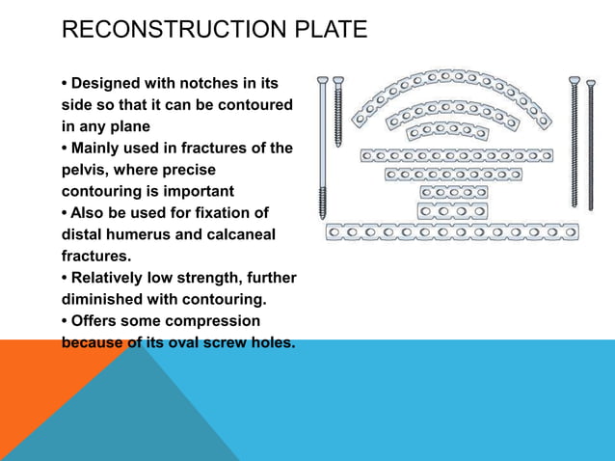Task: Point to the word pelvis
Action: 84,169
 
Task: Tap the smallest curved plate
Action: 445,129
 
